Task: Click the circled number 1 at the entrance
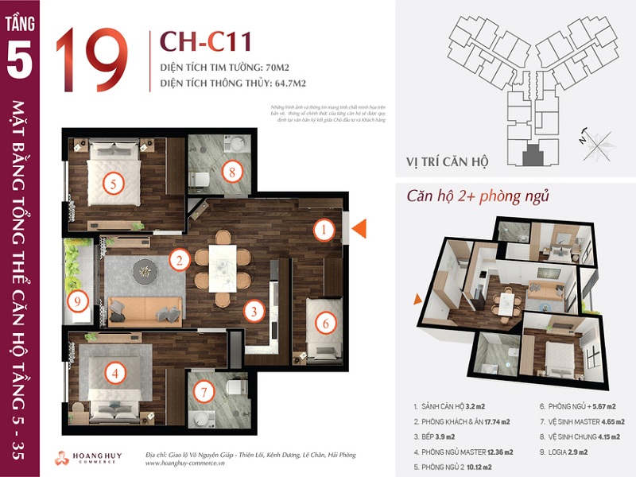(x=324, y=231)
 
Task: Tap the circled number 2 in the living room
(x=180, y=259)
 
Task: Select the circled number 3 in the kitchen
(x=253, y=311)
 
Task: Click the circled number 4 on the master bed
(x=115, y=371)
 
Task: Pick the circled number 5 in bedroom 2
(x=114, y=184)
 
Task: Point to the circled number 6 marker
(x=324, y=324)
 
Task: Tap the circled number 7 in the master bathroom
(x=204, y=392)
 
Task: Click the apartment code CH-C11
(x=196, y=41)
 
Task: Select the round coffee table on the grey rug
(x=145, y=270)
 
